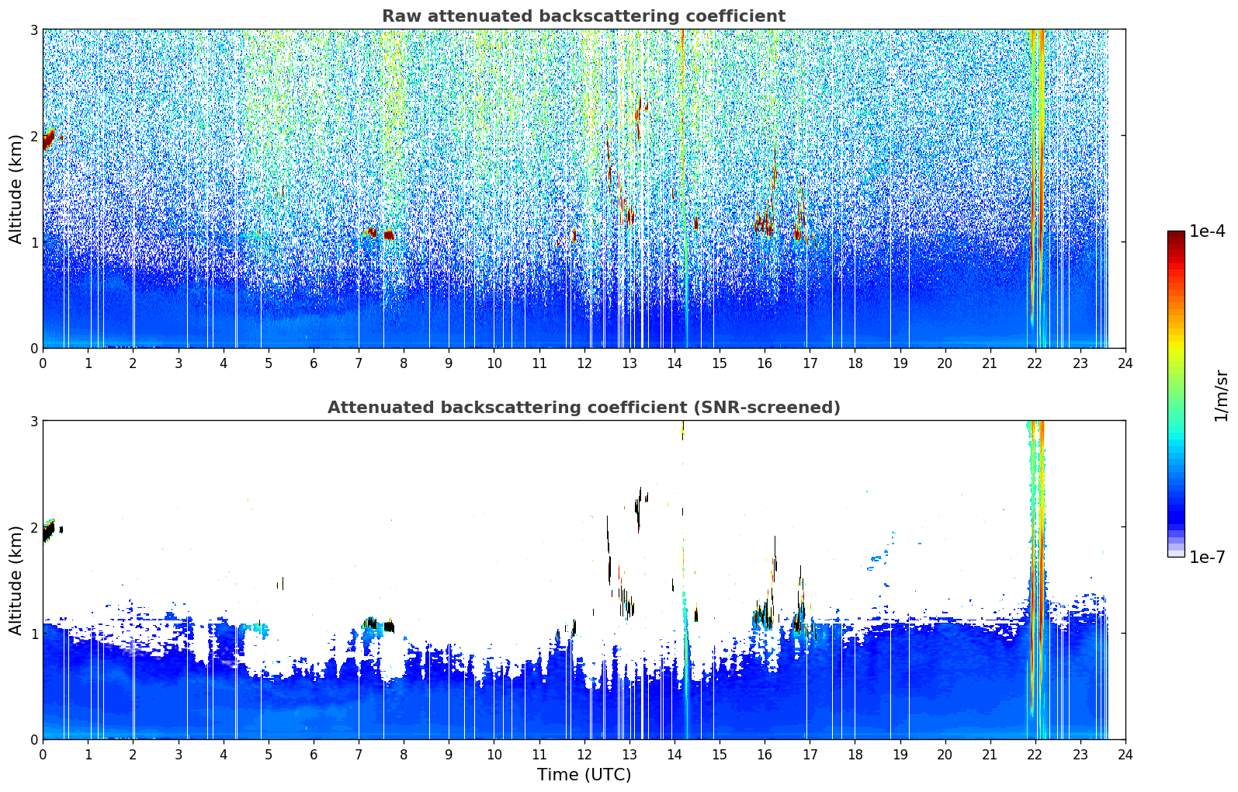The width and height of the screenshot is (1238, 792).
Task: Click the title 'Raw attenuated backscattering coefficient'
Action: (584, 16)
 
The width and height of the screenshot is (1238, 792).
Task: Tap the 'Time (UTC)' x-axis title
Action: (584, 774)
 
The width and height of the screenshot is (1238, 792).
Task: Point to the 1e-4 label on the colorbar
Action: (1207, 231)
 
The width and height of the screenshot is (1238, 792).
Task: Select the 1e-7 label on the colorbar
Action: (1207, 557)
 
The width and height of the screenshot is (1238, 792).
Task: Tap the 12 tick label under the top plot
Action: (584, 363)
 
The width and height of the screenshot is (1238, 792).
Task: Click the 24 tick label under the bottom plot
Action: (1125, 755)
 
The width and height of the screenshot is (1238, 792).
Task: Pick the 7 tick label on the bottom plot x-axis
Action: (359, 755)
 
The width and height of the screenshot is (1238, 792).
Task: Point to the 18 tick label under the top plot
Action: (855, 363)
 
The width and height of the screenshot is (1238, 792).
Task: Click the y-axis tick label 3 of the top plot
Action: (33, 30)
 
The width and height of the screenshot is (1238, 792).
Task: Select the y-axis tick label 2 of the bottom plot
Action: (33, 527)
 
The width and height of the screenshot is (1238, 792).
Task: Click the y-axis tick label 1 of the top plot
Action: (33, 241)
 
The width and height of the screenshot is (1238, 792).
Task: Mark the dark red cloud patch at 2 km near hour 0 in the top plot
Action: (49, 138)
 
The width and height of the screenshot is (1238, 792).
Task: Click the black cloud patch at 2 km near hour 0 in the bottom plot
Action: (49, 531)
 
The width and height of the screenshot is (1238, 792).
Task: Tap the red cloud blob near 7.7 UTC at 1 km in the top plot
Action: (389, 235)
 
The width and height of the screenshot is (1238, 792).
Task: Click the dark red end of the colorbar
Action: (1176, 234)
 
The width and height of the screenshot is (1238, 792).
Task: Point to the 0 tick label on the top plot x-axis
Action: (43, 363)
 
